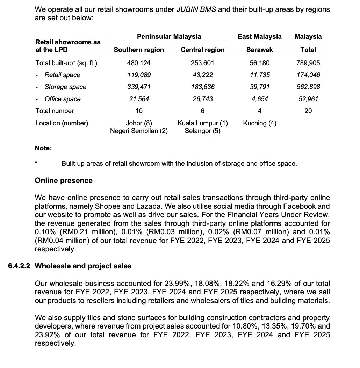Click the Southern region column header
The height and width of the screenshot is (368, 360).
pos(139,50)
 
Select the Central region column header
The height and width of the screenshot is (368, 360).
pos(203,50)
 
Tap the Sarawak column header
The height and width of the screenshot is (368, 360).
pos(259,50)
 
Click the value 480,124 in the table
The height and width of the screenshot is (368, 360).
pos(139,63)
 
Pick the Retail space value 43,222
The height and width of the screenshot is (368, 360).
pos(203,75)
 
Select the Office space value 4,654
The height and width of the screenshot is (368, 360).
pos(259,99)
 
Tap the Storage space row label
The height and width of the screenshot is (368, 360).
pos(65,87)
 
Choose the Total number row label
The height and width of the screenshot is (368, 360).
pos(55,111)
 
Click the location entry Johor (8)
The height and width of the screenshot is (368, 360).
pos(139,123)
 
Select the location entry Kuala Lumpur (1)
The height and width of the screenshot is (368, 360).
pos(203,123)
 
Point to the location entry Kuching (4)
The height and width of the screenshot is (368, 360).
pos(259,123)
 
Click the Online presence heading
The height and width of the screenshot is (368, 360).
pos(64,181)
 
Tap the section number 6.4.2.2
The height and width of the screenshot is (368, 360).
pos(20,266)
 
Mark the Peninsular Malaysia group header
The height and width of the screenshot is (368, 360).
pos(169,36)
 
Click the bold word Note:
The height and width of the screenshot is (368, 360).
pos(43,148)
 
